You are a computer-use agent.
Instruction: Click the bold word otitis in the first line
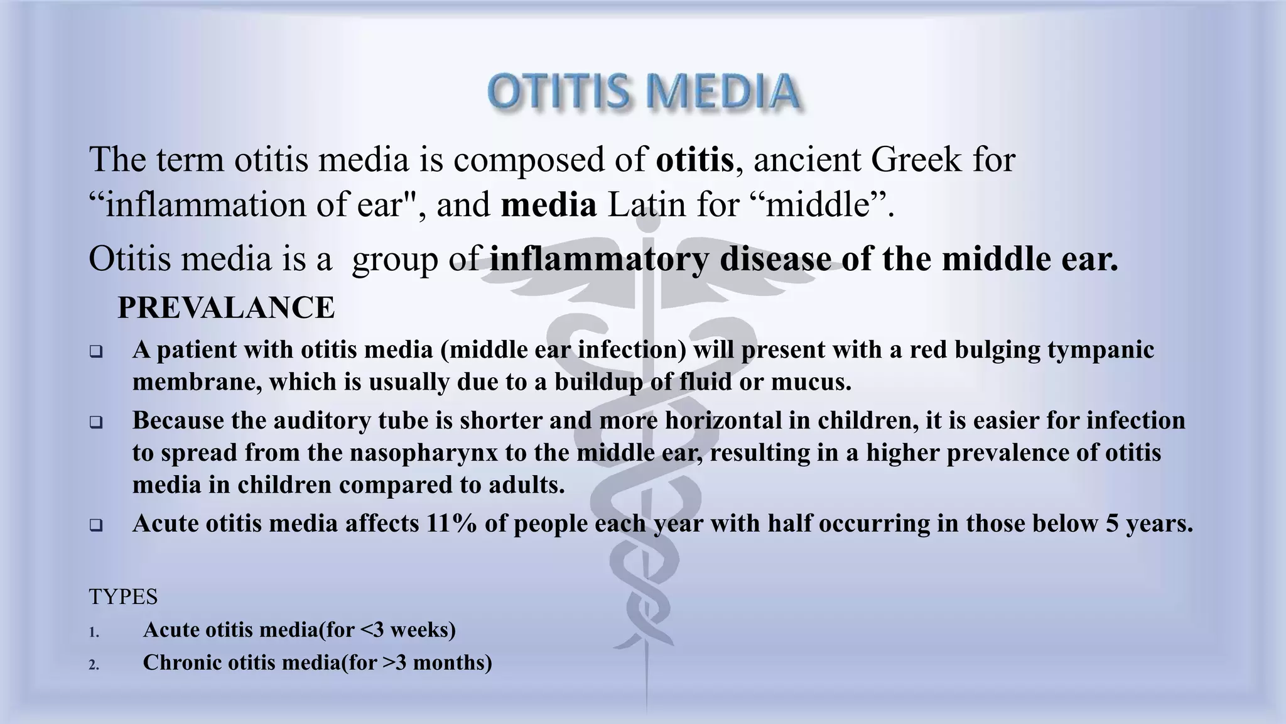tap(694, 159)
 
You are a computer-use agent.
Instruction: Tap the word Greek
tap(916, 159)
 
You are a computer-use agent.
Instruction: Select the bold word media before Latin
tap(548, 206)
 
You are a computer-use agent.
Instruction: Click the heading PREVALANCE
tap(226, 308)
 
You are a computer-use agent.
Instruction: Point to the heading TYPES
tap(123, 596)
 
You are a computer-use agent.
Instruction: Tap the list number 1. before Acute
tap(94, 632)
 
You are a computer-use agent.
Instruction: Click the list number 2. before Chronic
tap(94, 665)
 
